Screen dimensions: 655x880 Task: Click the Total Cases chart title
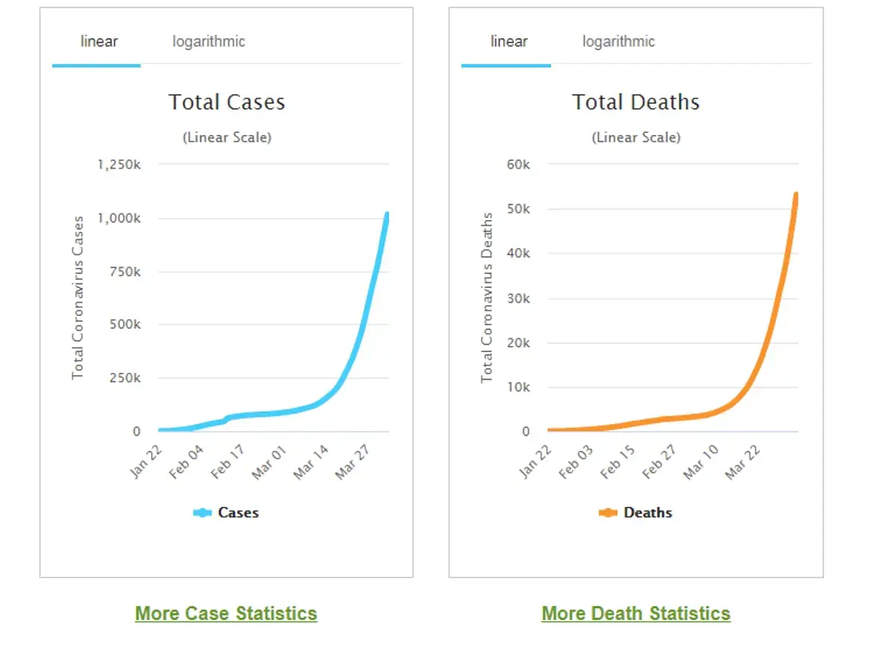(x=227, y=102)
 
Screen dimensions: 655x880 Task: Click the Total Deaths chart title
(x=635, y=102)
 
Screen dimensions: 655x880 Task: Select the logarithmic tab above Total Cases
(x=209, y=42)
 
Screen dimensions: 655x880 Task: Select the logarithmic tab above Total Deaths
(x=618, y=42)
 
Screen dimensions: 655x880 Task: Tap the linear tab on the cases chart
(x=99, y=42)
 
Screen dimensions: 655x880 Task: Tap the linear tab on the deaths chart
(x=509, y=42)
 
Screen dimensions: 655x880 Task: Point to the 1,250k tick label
(x=119, y=164)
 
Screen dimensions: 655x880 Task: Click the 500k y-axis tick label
(x=125, y=325)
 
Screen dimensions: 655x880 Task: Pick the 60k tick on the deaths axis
(x=518, y=164)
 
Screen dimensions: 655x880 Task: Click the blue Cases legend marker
(x=202, y=513)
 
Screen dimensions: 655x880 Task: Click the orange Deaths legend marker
(x=608, y=513)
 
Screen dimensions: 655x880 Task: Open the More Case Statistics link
(x=226, y=613)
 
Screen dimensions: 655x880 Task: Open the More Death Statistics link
(x=635, y=613)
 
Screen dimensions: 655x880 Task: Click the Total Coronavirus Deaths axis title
(x=487, y=298)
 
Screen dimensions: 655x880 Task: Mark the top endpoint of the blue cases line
(x=387, y=215)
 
